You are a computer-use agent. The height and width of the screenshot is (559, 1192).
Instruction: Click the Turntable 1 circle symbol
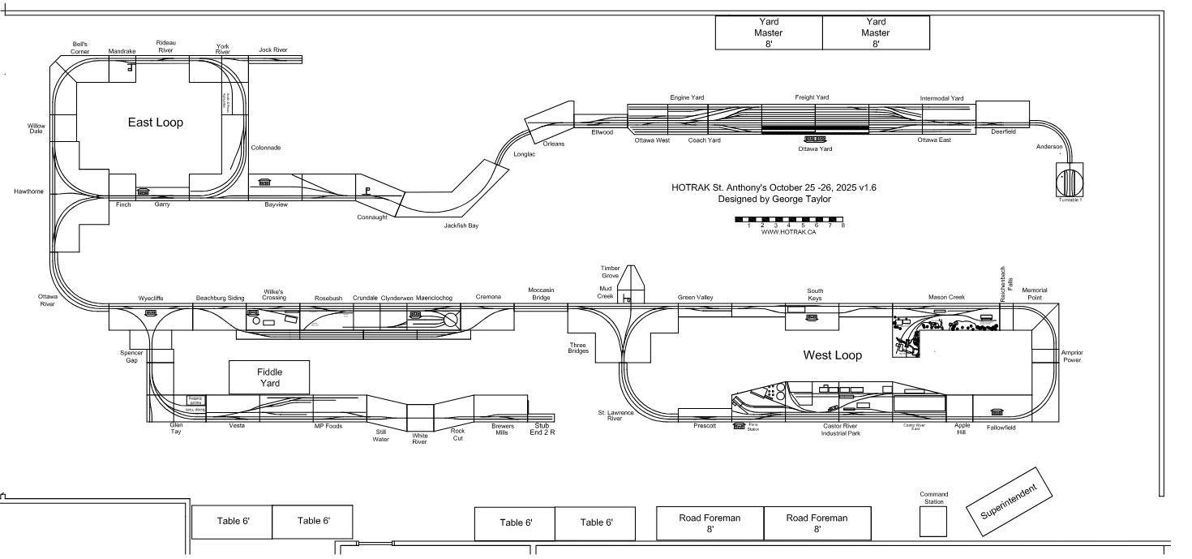point(1070,178)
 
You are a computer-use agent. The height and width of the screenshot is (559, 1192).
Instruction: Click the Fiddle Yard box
point(269,377)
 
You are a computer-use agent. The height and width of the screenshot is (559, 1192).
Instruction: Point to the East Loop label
point(155,123)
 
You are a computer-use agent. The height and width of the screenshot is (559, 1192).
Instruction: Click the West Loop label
point(832,355)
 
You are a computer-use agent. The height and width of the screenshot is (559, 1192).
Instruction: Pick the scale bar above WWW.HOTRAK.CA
point(789,219)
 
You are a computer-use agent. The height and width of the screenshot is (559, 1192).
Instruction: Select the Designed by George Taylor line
point(774,199)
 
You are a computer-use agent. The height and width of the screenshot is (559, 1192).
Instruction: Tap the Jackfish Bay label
point(461,226)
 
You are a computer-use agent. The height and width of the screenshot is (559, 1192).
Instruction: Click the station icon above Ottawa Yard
point(814,139)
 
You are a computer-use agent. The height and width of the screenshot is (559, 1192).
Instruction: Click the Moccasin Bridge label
point(541,293)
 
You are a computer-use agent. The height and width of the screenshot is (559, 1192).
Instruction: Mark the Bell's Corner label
point(79,47)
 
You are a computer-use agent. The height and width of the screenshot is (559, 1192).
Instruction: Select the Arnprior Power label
point(1072,356)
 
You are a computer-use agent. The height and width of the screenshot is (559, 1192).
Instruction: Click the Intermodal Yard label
point(941,98)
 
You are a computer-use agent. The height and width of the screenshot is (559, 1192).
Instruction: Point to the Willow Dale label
point(36,128)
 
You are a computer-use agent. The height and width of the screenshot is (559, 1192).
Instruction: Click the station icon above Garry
point(144,192)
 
